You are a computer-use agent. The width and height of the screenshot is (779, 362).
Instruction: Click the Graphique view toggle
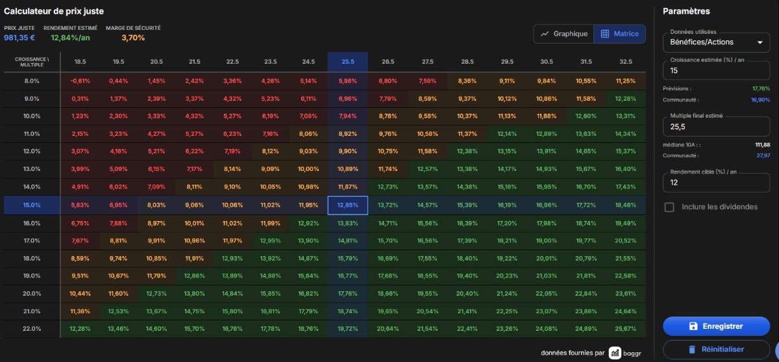[563, 34]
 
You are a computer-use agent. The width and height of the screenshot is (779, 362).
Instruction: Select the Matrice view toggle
[620, 34]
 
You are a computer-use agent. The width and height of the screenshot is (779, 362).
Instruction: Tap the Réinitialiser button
[717, 349]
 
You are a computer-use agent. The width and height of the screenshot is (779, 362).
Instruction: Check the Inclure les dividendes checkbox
[669, 207]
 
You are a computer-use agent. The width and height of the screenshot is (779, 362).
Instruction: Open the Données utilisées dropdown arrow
[760, 42]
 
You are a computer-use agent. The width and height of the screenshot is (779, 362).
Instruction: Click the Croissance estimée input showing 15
[717, 71]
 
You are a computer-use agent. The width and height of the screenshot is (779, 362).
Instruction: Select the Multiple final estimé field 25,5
[717, 127]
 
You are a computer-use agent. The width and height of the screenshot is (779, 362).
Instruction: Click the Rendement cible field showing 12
[717, 183]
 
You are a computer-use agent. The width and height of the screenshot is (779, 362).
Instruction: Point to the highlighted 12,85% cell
[348, 205]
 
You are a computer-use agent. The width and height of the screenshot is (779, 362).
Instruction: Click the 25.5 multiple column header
[348, 62]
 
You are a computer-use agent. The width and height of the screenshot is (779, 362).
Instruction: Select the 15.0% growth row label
[32, 205]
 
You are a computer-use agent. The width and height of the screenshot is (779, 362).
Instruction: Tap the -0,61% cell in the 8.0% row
[80, 81]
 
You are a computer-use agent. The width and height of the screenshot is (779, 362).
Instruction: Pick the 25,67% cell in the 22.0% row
[626, 329]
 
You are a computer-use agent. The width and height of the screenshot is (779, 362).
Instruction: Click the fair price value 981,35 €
[19, 38]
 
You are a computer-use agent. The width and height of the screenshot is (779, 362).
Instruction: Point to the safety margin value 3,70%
[133, 38]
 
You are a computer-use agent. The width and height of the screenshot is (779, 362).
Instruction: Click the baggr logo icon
[615, 353]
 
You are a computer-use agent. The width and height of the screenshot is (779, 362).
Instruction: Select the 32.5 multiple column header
[626, 62]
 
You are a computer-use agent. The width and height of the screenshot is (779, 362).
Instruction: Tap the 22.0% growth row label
[32, 329]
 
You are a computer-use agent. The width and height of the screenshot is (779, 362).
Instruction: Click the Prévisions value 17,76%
[761, 89]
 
